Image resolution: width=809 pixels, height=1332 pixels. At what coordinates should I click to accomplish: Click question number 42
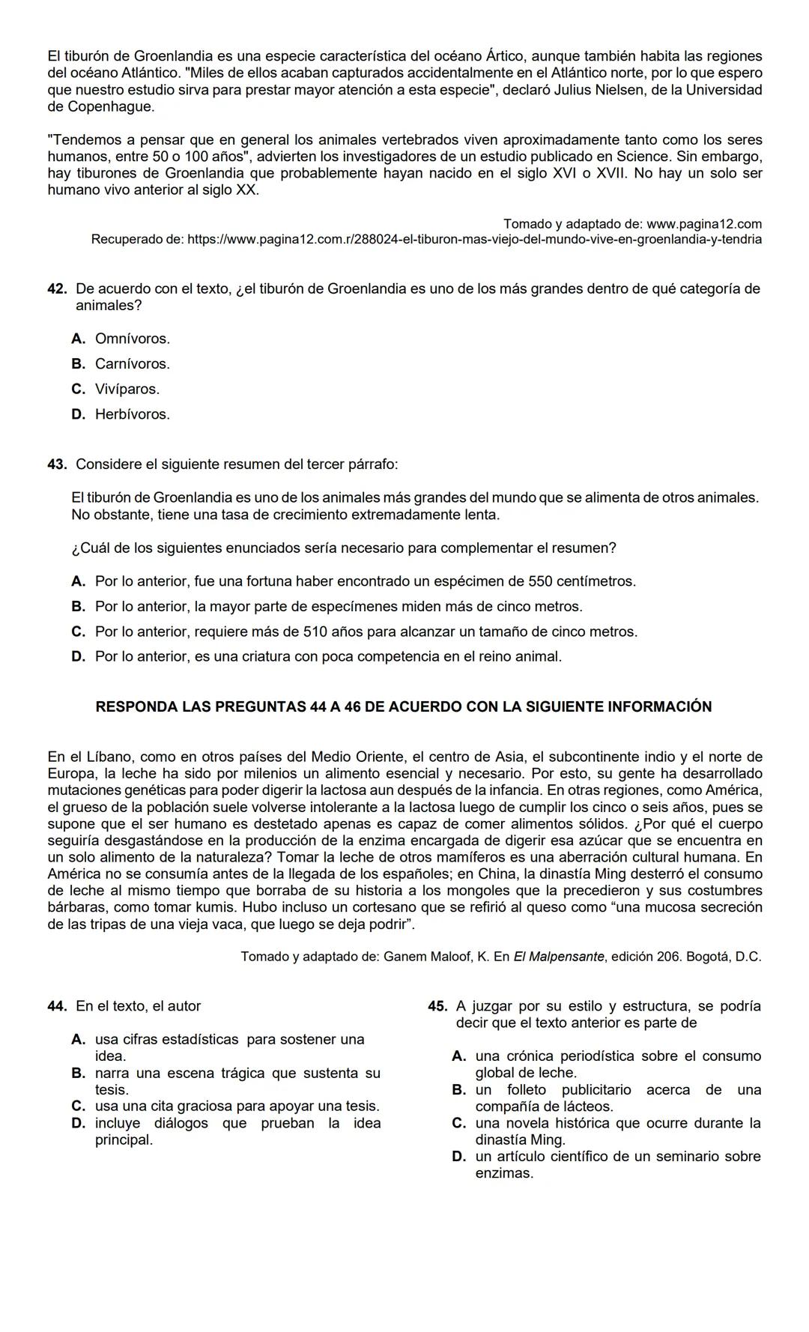pos(57,289)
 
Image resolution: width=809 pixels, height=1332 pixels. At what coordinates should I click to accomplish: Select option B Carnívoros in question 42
pos(132,364)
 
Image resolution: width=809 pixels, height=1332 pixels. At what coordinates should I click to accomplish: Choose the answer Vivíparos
pos(127,390)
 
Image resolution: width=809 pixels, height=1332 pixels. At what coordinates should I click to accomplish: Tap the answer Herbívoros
pos(132,414)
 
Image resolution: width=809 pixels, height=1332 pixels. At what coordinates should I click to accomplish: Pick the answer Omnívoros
pos(132,339)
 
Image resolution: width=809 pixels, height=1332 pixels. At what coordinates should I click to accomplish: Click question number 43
pos(57,464)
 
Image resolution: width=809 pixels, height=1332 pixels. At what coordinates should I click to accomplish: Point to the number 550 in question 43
pos(541,581)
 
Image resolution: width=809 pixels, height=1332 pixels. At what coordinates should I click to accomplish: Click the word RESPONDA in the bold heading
pos(136,706)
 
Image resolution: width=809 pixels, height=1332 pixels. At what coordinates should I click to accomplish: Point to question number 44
pos(57,1006)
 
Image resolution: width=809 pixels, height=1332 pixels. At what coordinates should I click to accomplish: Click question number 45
pos(437,1006)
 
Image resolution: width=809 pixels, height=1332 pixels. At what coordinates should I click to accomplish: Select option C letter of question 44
pos(78,1107)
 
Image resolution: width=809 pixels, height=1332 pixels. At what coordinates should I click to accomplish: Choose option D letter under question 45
pos(459,1157)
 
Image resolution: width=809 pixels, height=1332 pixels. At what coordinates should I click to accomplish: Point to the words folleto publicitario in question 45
pos(569,1090)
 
